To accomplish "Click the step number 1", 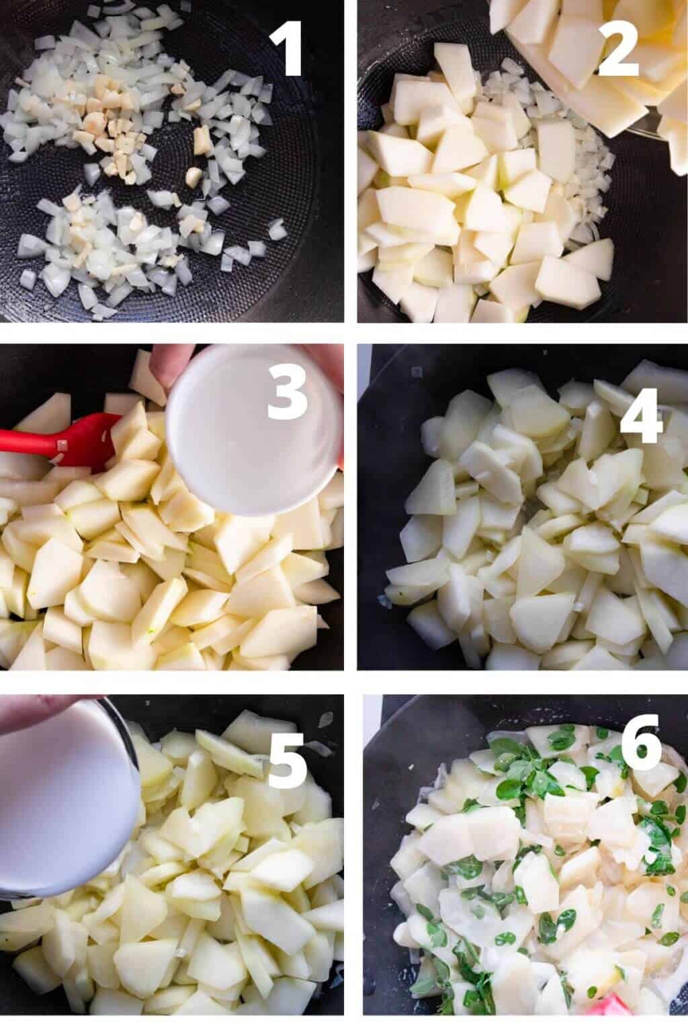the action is point(287,47).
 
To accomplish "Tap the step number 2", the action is point(617,47).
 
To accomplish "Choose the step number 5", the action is point(287,759).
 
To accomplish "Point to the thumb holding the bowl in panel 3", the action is point(174,365).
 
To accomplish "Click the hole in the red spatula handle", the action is point(62,445).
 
